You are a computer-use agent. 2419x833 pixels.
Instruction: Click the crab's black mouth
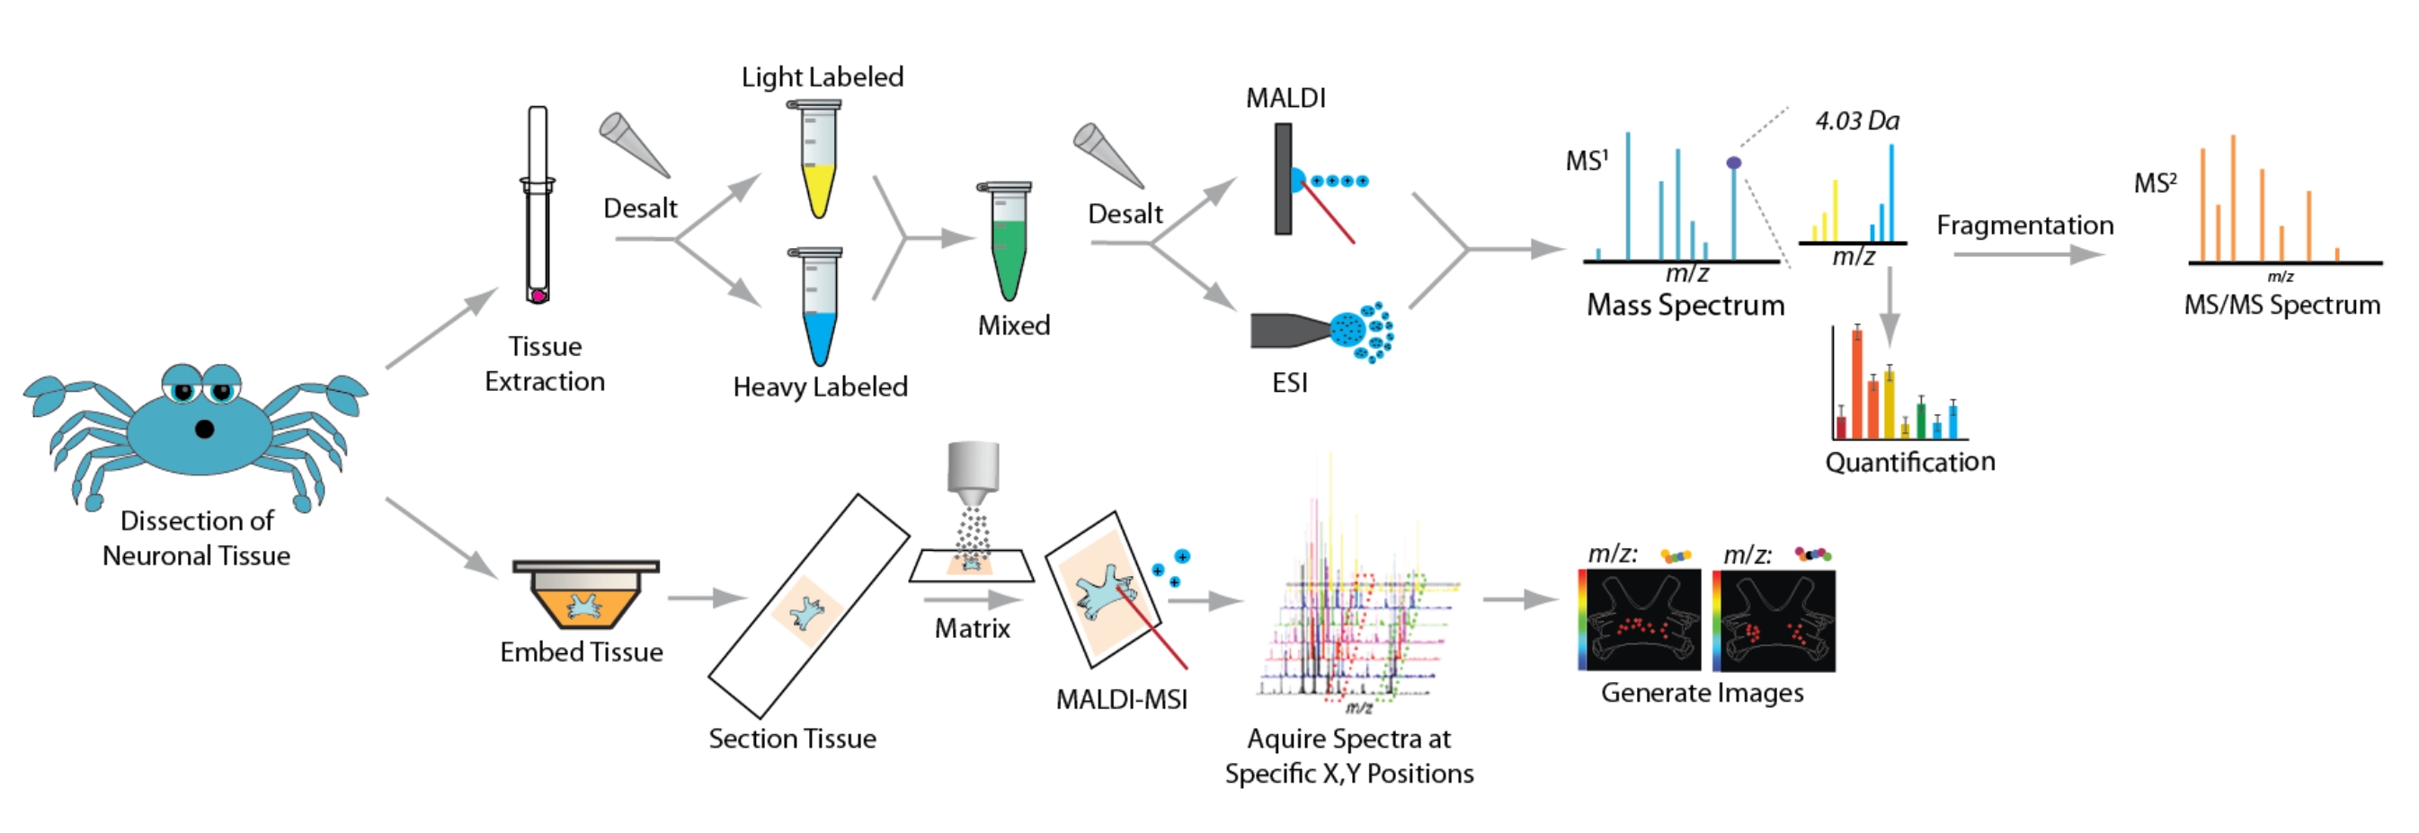(x=204, y=430)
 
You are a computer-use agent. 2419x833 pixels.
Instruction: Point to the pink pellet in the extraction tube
(x=538, y=296)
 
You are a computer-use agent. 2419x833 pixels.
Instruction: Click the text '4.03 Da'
(x=1856, y=121)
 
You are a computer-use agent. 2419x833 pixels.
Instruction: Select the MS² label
(x=2154, y=182)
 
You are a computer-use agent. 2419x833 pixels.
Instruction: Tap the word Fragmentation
(x=2024, y=226)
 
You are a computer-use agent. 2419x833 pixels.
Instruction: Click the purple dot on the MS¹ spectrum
(x=1733, y=164)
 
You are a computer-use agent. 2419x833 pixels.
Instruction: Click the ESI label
(x=1289, y=382)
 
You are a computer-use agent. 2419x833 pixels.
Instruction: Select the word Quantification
(x=1909, y=462)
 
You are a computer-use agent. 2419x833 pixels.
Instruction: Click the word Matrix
(x=972, y=628)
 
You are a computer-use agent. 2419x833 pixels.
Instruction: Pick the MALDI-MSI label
(x=1121, y=700)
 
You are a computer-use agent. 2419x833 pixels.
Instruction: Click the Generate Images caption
(x=1702, y=693)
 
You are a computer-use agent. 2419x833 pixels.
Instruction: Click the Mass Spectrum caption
(x=1685, y=306)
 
